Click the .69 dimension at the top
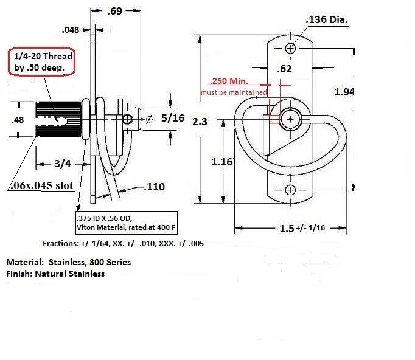coord(115,12)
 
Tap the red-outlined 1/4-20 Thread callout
coord(41,61)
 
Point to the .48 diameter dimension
coord(19,120)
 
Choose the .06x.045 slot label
coord(42,187)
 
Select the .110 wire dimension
coord(156,187)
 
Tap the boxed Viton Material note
coord(124,223)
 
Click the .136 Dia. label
coord(327,21)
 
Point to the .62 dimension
coord(284,69)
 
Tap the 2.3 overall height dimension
coord(200,121)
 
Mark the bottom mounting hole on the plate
coord(290,190)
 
